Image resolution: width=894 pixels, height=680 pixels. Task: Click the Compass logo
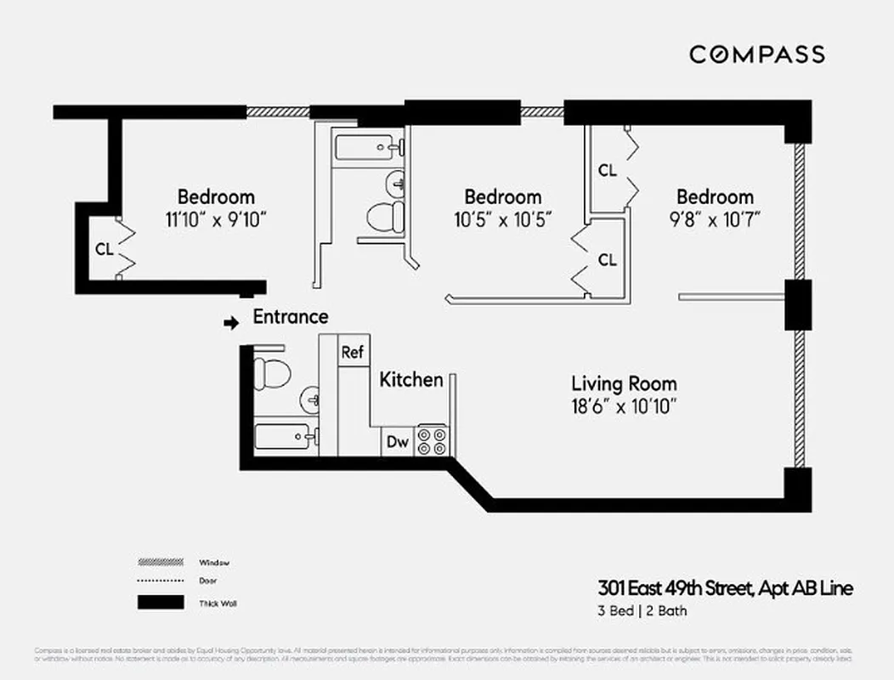(756, 54)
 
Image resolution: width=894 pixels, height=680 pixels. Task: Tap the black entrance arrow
(230, 323)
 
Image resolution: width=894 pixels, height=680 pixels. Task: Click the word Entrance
(291, 317)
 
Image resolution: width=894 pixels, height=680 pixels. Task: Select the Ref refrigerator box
(352, 351)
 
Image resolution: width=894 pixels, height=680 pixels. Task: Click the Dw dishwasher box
(397, 441)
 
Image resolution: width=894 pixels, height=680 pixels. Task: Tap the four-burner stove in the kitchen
(432, 441)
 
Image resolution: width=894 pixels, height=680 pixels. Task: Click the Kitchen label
(411, 379)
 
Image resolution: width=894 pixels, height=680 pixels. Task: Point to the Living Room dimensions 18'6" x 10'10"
(624, 406)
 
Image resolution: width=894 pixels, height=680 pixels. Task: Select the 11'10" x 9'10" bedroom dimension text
(216, 219)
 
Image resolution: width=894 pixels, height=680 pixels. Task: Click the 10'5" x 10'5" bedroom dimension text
(502, 219)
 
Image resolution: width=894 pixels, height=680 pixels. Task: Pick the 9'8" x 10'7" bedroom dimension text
(715, 219)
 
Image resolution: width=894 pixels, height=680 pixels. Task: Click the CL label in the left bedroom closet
(104, 249)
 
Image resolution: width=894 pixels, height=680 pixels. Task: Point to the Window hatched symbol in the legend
(161, 563)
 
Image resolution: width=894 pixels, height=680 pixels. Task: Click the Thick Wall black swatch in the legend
(161, 603)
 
